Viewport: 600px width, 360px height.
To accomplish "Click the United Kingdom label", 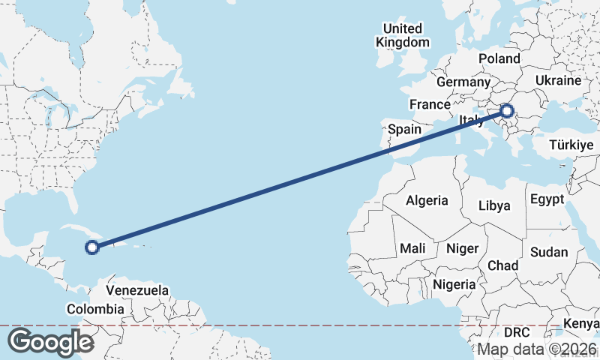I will (x=403, y=35).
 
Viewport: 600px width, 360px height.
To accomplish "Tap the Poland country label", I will (x=499, y=58).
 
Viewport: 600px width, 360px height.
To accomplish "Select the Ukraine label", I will (x=559, y=80).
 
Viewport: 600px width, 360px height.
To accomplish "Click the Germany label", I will (x=462, y=82).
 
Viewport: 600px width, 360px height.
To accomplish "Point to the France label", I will (x=429, y=104).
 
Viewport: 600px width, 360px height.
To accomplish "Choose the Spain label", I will (x=404, y=129).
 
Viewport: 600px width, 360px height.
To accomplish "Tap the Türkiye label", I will (x=571, y=145).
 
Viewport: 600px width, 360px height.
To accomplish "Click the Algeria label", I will (x=427, y=200).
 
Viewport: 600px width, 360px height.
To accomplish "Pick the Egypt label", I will (x=546, y=199).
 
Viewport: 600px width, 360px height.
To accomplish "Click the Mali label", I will (x=412, y=248).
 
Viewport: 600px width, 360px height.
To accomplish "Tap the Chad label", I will (x=502, y=265).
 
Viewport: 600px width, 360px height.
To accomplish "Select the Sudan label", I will (x=549, y=253).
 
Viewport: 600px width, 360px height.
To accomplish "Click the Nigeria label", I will (x=454, y=284).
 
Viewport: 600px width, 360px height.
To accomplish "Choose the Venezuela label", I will (x=137, y=289).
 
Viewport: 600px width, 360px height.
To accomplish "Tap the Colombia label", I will (x=95, y=309).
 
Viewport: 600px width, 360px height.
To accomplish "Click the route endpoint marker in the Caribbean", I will (x=92, y=247).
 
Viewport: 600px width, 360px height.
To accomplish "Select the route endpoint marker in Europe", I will (x=507, y=112).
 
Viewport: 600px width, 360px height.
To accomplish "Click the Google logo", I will (x=49, y=342).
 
